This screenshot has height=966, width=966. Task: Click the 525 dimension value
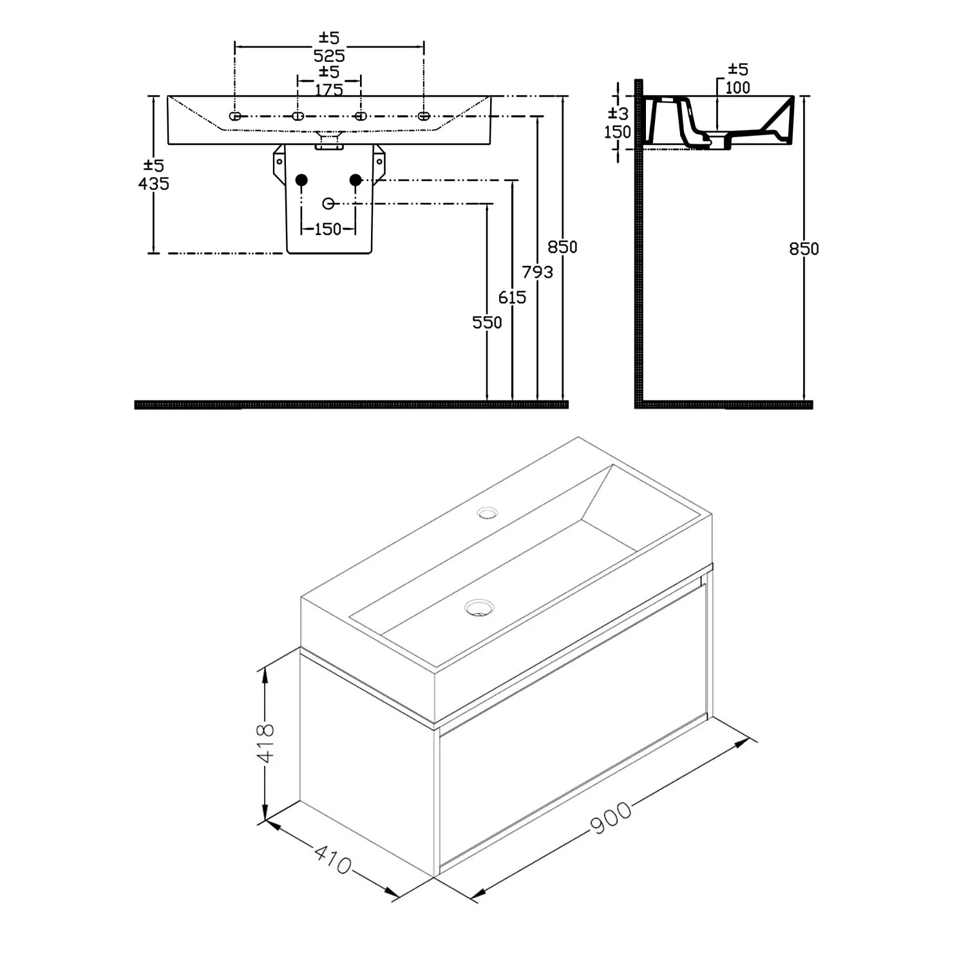[x=329, y=56]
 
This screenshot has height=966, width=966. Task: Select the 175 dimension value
[x=329, y=90]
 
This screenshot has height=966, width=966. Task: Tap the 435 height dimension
[x=154, y=184]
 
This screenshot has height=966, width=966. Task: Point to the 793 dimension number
[x=537, y=272]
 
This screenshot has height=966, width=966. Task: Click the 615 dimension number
[x=512, y=298]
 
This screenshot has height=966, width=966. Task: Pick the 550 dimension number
[x=487, y=323]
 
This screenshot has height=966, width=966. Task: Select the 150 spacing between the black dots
[x=328, y=229]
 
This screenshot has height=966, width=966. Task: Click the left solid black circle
[x=301, y=180]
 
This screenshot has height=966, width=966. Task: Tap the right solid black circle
[x=355, y=180]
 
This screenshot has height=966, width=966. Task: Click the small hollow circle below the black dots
[x=328, y=204]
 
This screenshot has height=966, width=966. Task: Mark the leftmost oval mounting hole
[x=235, y=116]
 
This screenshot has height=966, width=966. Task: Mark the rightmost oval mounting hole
[x=423, y=116]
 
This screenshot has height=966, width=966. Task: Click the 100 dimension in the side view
[x=738, y=88]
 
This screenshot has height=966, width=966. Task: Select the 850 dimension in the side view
[x=804, y=249]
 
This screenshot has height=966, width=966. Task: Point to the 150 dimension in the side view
[x=617, y=132]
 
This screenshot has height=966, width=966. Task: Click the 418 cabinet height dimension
[x=265, y=743]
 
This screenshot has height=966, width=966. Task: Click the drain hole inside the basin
[x=479, y=607]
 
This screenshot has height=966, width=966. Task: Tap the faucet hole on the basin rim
[x=487, y=513]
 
